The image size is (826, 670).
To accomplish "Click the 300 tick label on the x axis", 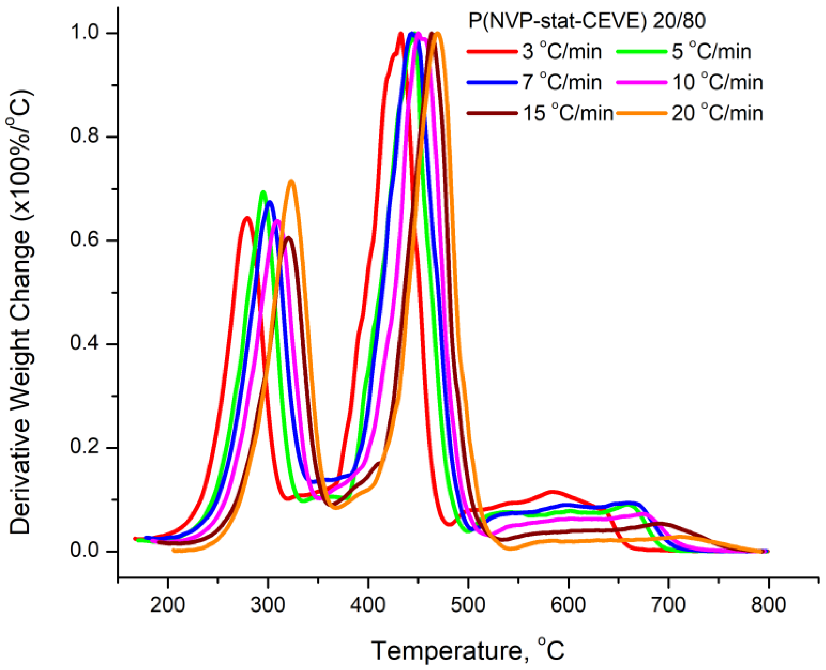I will [x=267, y=605].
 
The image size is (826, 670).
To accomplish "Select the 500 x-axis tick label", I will [x=468, y=605].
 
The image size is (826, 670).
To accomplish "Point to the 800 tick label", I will [x=768, y=605].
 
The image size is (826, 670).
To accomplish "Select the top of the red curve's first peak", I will [x=247, y=217].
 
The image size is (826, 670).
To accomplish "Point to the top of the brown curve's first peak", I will [x=288, y=238].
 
